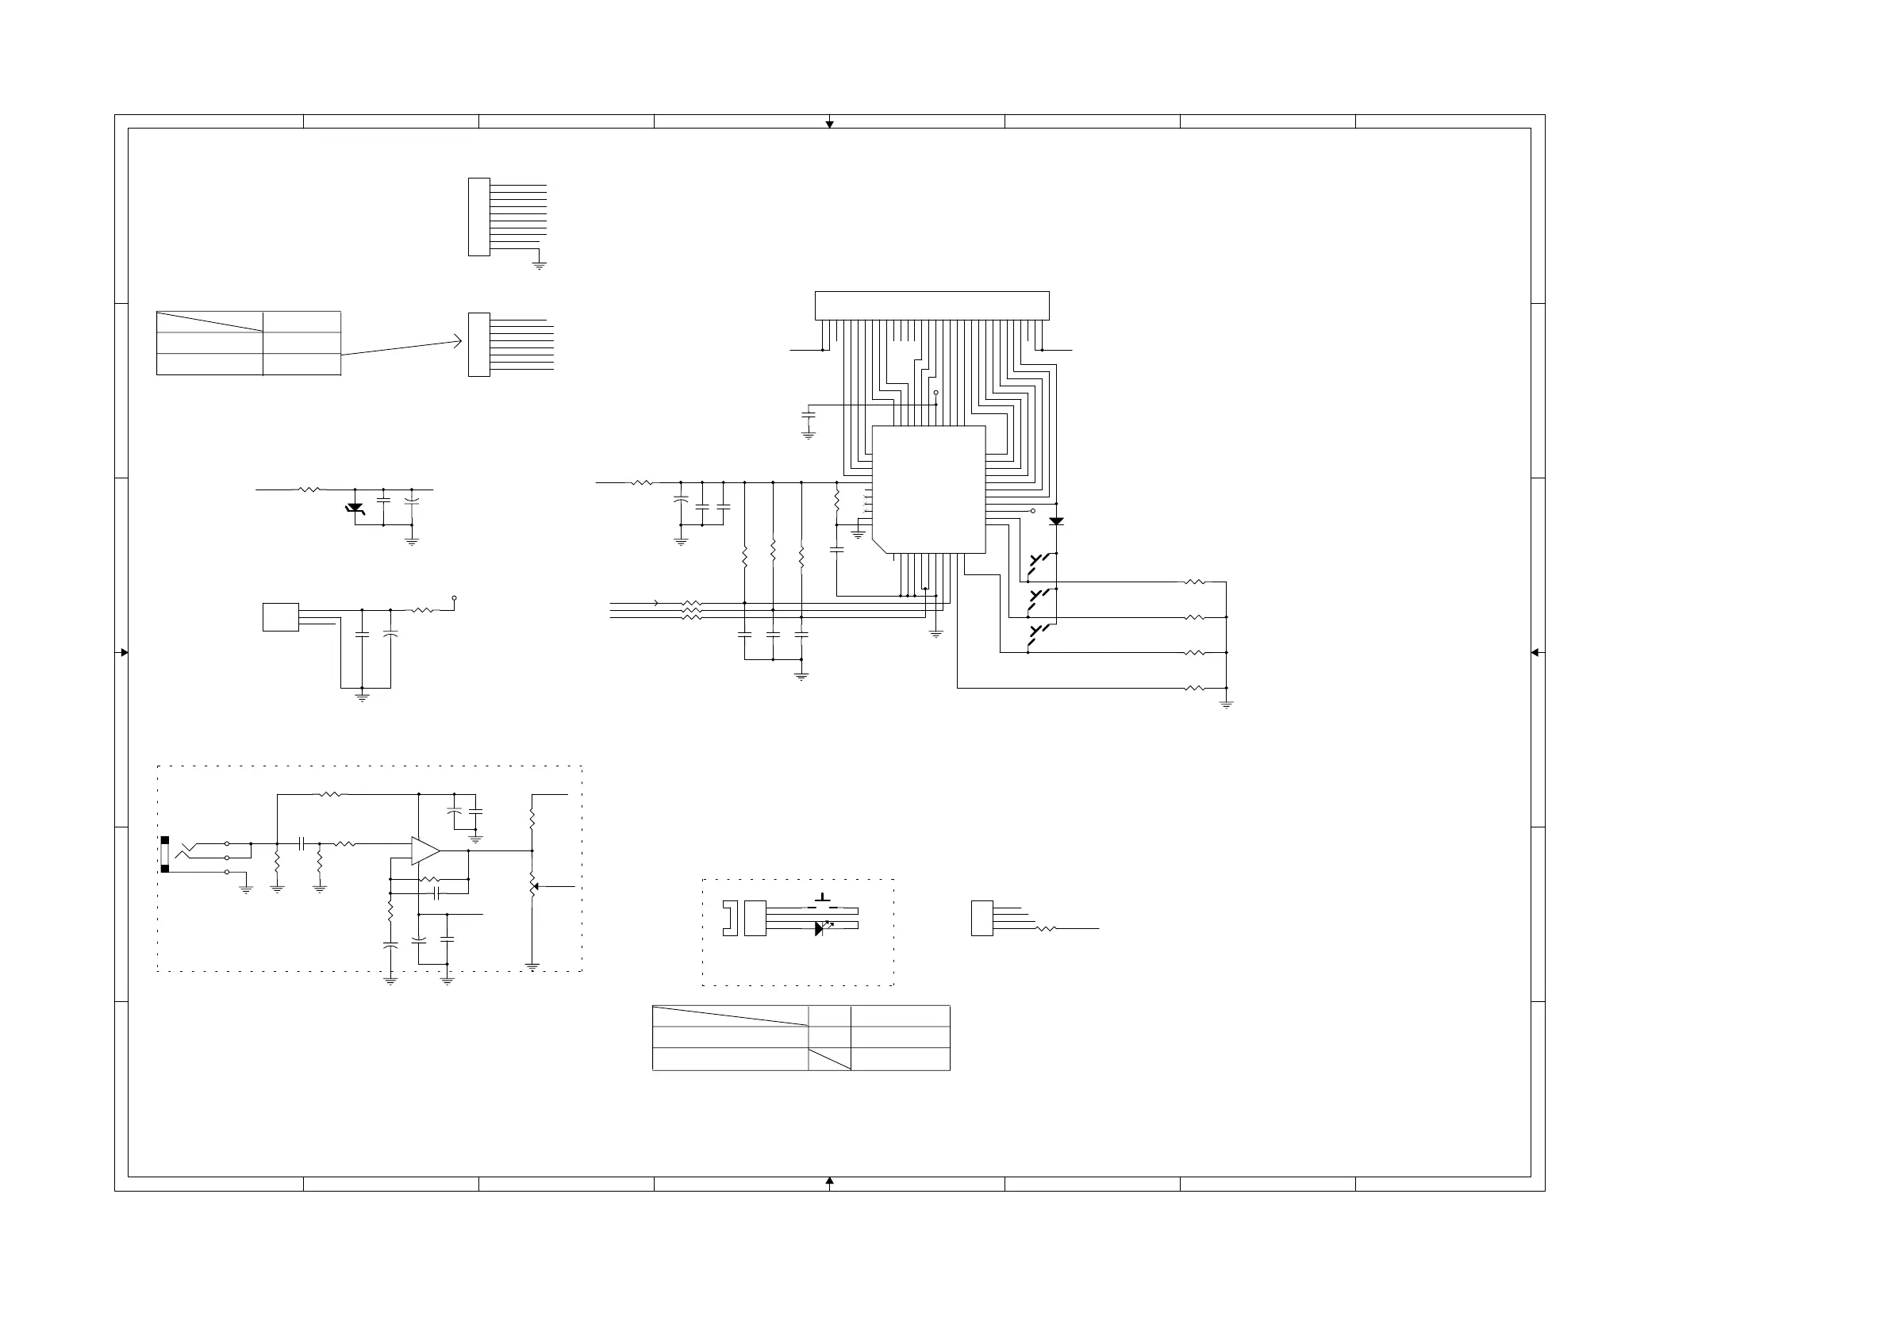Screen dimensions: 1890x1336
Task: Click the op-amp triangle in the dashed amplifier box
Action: [424, 850]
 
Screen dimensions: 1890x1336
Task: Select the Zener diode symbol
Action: [355, 509]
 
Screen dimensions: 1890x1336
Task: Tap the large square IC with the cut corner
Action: [928, 489]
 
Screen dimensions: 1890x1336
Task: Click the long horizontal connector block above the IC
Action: [932, 305]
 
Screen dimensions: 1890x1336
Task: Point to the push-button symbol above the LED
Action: [822, 898]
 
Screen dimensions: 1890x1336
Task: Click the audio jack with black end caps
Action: [164, 854]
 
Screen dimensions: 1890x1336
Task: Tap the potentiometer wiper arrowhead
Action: [536, 886]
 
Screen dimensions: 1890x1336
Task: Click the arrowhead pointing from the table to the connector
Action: [457, 342]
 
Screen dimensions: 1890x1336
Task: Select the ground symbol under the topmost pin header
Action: [540, 265]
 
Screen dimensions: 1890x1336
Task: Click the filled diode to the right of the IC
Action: [1056, 521]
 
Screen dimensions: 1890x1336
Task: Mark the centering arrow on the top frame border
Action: [830, 125]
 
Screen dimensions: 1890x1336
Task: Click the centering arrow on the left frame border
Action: [125, 653]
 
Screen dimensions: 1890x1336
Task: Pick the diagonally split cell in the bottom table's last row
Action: [830, 1059]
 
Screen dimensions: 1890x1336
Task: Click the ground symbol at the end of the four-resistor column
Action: [1226, 704]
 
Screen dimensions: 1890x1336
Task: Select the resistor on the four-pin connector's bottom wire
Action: [1046, 928]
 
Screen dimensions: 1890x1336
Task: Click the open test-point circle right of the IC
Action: [1033, 510]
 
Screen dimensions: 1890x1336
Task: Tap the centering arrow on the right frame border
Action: [1535, 653]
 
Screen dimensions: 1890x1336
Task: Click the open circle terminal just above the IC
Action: [936, 393]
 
